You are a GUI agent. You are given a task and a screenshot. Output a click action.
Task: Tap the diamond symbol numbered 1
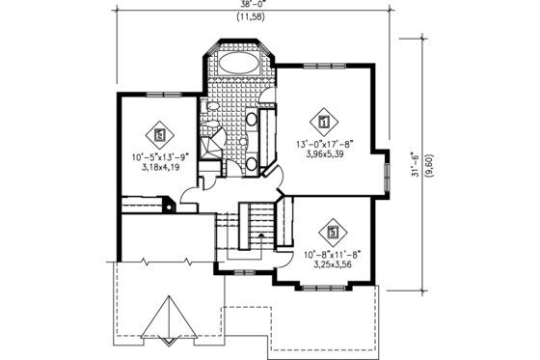coord(324,123)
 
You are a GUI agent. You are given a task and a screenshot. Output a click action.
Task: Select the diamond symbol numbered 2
coord(159,134)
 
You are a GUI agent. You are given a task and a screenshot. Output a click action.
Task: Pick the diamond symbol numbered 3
coord(333,233)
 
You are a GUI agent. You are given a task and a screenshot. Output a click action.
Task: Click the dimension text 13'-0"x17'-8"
coord(325,144)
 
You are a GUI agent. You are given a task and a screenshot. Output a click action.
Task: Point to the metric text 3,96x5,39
coord(325,154)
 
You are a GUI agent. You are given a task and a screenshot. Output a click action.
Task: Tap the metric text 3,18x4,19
coord(158,165)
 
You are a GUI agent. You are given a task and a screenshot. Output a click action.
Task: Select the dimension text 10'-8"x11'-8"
coord(333,253)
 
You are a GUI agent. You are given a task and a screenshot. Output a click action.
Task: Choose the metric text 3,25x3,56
coord(333,263)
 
